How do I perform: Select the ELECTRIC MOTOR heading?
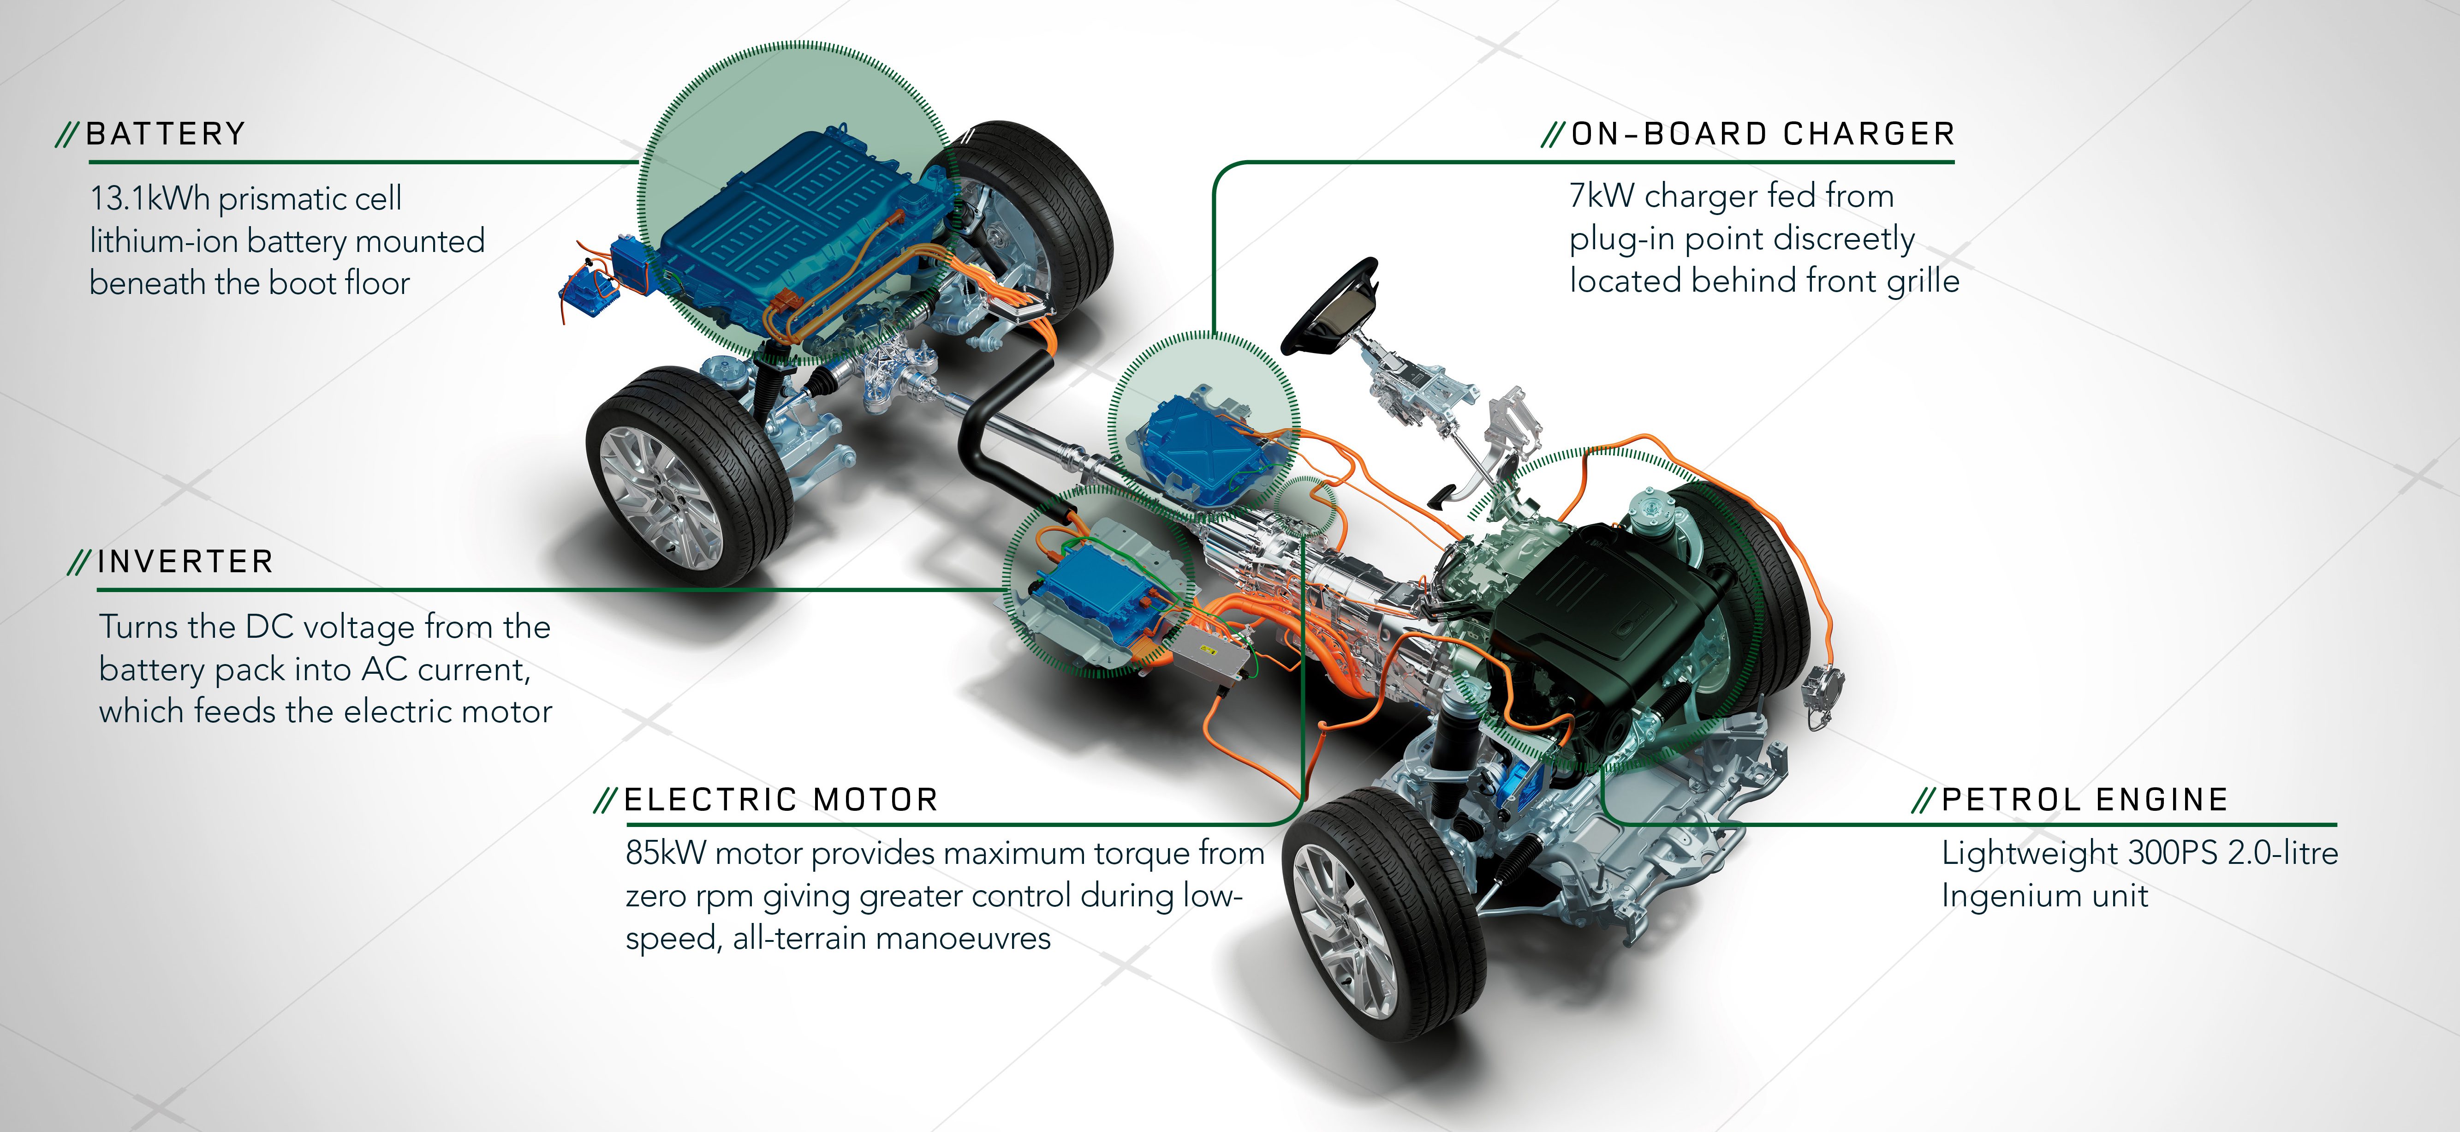coord(780,800)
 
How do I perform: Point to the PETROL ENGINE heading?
coord(2085,800)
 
